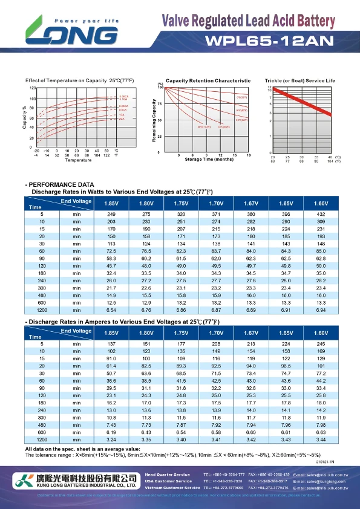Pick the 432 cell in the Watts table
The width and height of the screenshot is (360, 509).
321,214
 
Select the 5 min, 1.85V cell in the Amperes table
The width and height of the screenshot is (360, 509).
111,344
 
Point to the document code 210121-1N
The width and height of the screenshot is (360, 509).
324,461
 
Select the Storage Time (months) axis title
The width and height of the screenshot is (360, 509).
209,160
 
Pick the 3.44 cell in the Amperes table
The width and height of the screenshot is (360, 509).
321,440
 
